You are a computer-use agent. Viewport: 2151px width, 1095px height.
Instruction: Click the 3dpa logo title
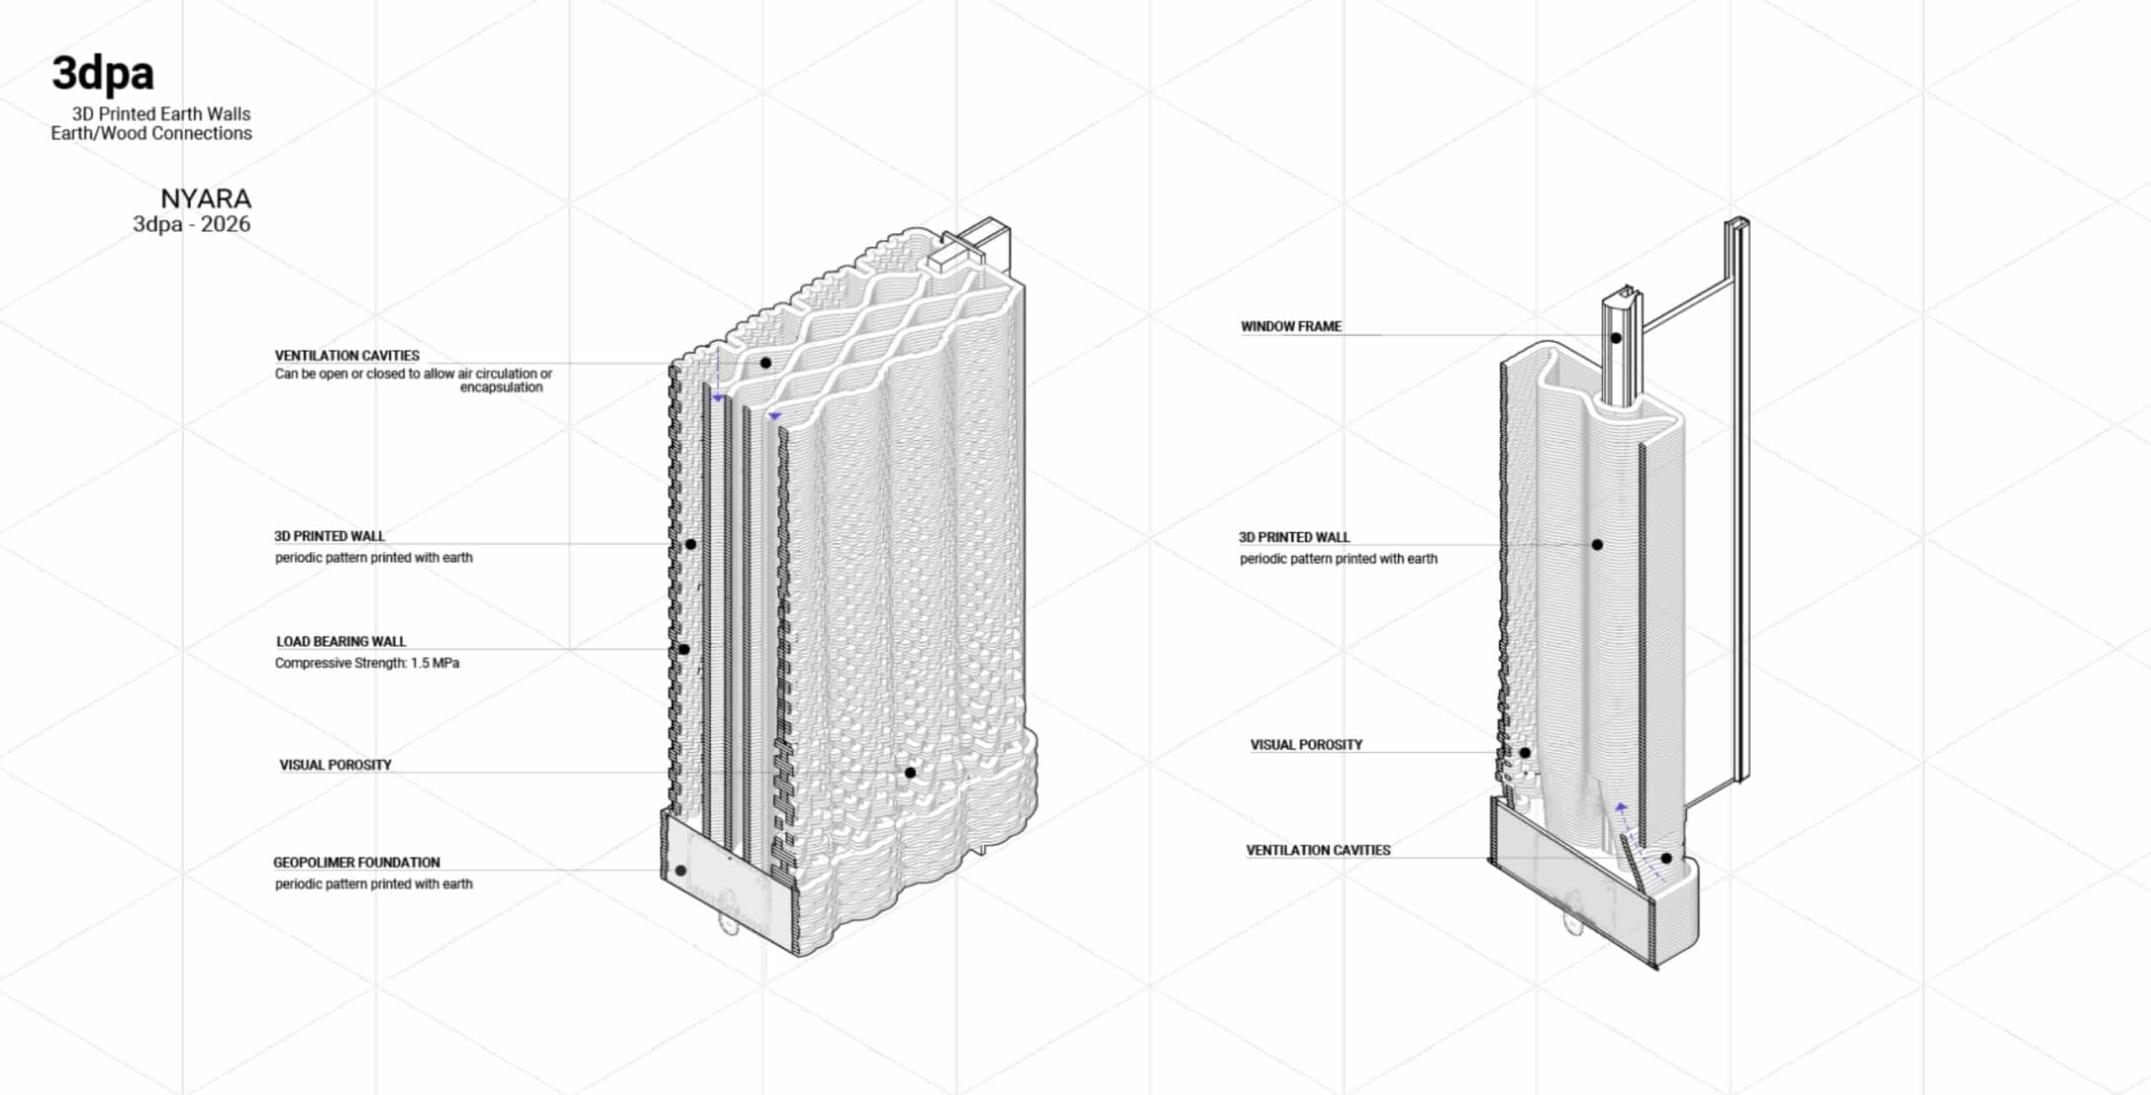103,74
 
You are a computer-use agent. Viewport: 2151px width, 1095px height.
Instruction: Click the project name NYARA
206,198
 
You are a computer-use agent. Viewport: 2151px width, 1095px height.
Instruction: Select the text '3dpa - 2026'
192,224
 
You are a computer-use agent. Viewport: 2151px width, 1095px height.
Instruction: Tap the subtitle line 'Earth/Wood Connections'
151,133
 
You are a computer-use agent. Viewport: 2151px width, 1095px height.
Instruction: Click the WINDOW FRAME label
1291,326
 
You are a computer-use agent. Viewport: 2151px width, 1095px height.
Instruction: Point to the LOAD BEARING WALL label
341,641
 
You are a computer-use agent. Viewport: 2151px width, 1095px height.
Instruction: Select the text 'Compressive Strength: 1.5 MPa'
367,663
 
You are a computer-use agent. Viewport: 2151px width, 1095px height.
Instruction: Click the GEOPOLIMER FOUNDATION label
356,862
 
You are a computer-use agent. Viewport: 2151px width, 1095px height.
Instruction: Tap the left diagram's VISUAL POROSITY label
335,765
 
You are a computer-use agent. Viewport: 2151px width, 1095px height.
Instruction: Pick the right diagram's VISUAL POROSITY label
1307,745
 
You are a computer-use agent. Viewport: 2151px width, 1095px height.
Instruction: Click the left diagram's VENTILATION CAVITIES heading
347,355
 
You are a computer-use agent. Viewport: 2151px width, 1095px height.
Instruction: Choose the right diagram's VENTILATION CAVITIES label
1318,850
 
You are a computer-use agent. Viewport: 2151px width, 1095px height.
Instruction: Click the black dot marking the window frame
1616,338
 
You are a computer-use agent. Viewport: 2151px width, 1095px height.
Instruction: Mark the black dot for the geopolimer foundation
681,871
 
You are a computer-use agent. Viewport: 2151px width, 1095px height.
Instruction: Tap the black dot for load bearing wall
684,649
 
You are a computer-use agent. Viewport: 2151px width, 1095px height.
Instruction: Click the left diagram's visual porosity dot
910,772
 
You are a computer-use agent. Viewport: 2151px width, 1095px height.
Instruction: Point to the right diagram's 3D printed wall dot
1597,545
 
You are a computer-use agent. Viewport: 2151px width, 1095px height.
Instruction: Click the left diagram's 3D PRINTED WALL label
329,536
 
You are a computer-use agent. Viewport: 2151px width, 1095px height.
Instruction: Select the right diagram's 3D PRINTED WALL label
1294,537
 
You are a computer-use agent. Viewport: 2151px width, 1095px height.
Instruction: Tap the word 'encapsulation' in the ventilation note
501,387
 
